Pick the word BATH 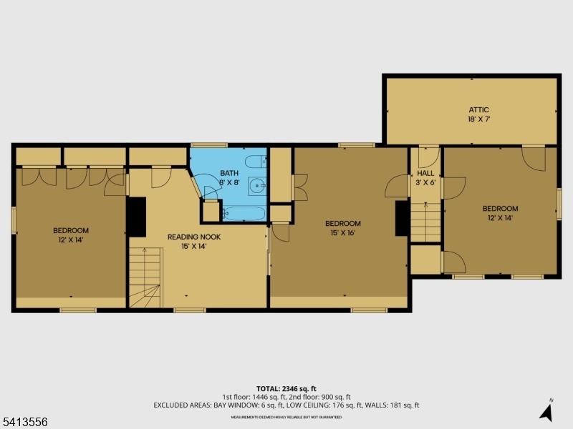(x=229, y=173)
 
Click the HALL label (x=425, y=173)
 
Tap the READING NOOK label (x=194, y=237)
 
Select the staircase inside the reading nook (x=145, y=276)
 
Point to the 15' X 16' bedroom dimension (x=342, y=232)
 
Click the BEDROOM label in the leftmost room (x=71, y=230)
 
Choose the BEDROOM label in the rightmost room (x=500, y=209)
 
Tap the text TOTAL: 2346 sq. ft (x=286, y=389)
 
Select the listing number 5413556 (x=24, y=422)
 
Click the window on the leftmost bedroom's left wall (x=14, y=220)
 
